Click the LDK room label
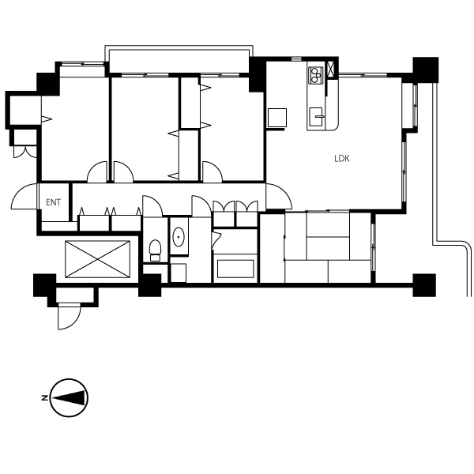click(x=342, y=159)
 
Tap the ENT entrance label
click(x=53, y=202)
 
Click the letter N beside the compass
click(x=44, y=398)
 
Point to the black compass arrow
click(x=69, y=398)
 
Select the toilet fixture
click(x=155, y=250)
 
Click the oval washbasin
click(x=179, y=237)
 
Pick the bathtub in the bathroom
click(x=235, y=269)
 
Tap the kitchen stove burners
click(x=315, y=75)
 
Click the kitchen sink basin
click(x=316, y=116)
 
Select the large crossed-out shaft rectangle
click(x=98, y=259)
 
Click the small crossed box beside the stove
click(x=330, y=70)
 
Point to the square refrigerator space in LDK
click(x=277, y=118)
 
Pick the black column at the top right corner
click(x=426, y=70)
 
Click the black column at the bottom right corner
click(x=424, y=285)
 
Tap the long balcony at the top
click(x=179, y=59)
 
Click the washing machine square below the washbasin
click(x=179, y=273)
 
